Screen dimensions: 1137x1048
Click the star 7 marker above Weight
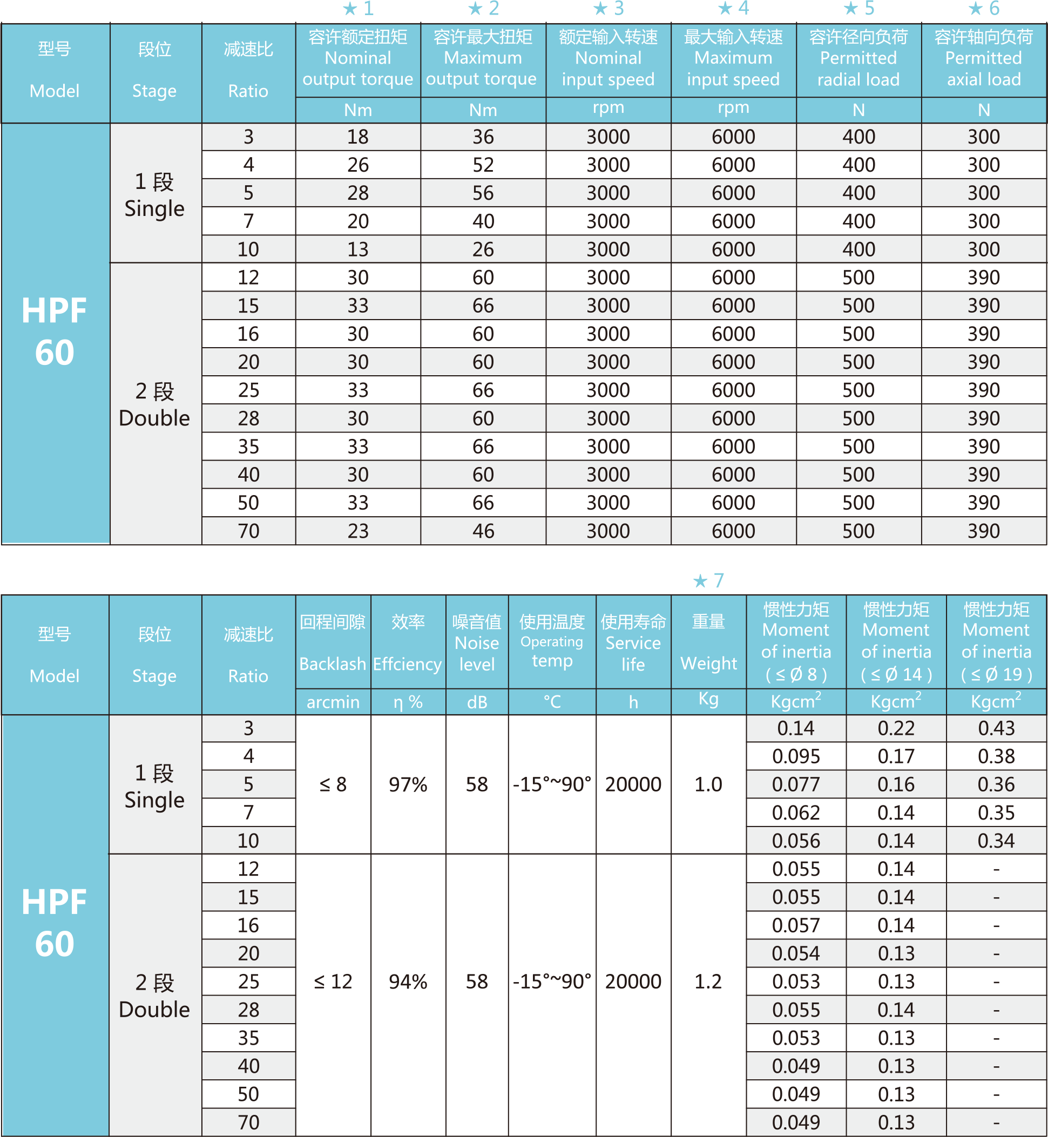pyautogui.click(x=708, y=581)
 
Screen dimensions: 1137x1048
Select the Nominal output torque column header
pyautogui.click(x=358, y=58)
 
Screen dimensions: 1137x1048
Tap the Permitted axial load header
pyautogui.click(x=983, y=58)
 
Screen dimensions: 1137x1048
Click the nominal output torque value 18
pyautogui.click(x=358, y=137)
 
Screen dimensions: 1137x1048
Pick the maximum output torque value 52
pyautogui.click(x=483, y=165)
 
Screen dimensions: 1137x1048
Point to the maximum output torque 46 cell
pyautogui.click(x=483, y=531)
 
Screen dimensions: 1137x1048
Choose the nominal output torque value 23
pyautogui.click(x=358, y=531)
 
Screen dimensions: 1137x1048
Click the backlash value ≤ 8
pyautogui.click(x=333, y=784)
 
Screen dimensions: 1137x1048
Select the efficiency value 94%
pyautogui.click(x=408, y=982)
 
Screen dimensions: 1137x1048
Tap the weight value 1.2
pyautogui.click(x=708, y=982)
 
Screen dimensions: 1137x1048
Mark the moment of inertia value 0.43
pyautogui.click(x=996, y=728)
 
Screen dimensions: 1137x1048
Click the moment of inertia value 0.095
pyautogui.click(x=796, y=756)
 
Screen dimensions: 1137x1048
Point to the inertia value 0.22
pyautogui.click(x=896, y=728)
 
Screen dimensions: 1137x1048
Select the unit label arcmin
pyautogui.click(x=333, y=702)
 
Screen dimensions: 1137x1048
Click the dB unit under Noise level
pyautogui.click(x=477, y=702)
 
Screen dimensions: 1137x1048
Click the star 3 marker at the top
pyautogui.click(x=608, y=9)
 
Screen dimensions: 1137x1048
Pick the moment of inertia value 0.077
pyautogui.click(x=796, y=784)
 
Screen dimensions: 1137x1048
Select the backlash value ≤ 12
pyautogui.click(x=333, y=982)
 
